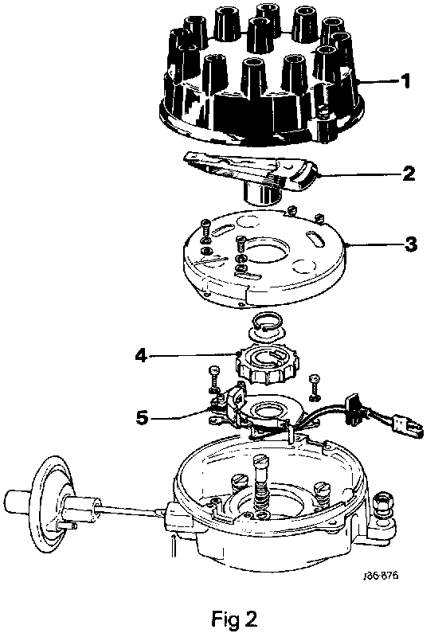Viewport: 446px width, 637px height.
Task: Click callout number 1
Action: [405, 81]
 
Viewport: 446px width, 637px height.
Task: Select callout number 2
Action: [409, 174]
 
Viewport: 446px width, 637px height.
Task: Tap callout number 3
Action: [411, 244]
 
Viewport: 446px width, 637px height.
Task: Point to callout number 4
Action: [141, 356]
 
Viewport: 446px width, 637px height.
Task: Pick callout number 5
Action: [142, 416]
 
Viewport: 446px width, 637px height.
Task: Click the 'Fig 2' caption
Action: [234, 619]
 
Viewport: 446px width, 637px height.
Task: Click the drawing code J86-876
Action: [381, 575]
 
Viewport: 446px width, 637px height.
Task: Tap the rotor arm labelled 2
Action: [251, 173]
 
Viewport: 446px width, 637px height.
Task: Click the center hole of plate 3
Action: [266, 255]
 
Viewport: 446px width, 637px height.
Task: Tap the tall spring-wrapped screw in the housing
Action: [262, 483]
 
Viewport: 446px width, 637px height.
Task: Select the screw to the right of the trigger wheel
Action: [314, 387]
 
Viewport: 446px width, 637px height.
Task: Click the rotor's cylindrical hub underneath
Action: [263, 193]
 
